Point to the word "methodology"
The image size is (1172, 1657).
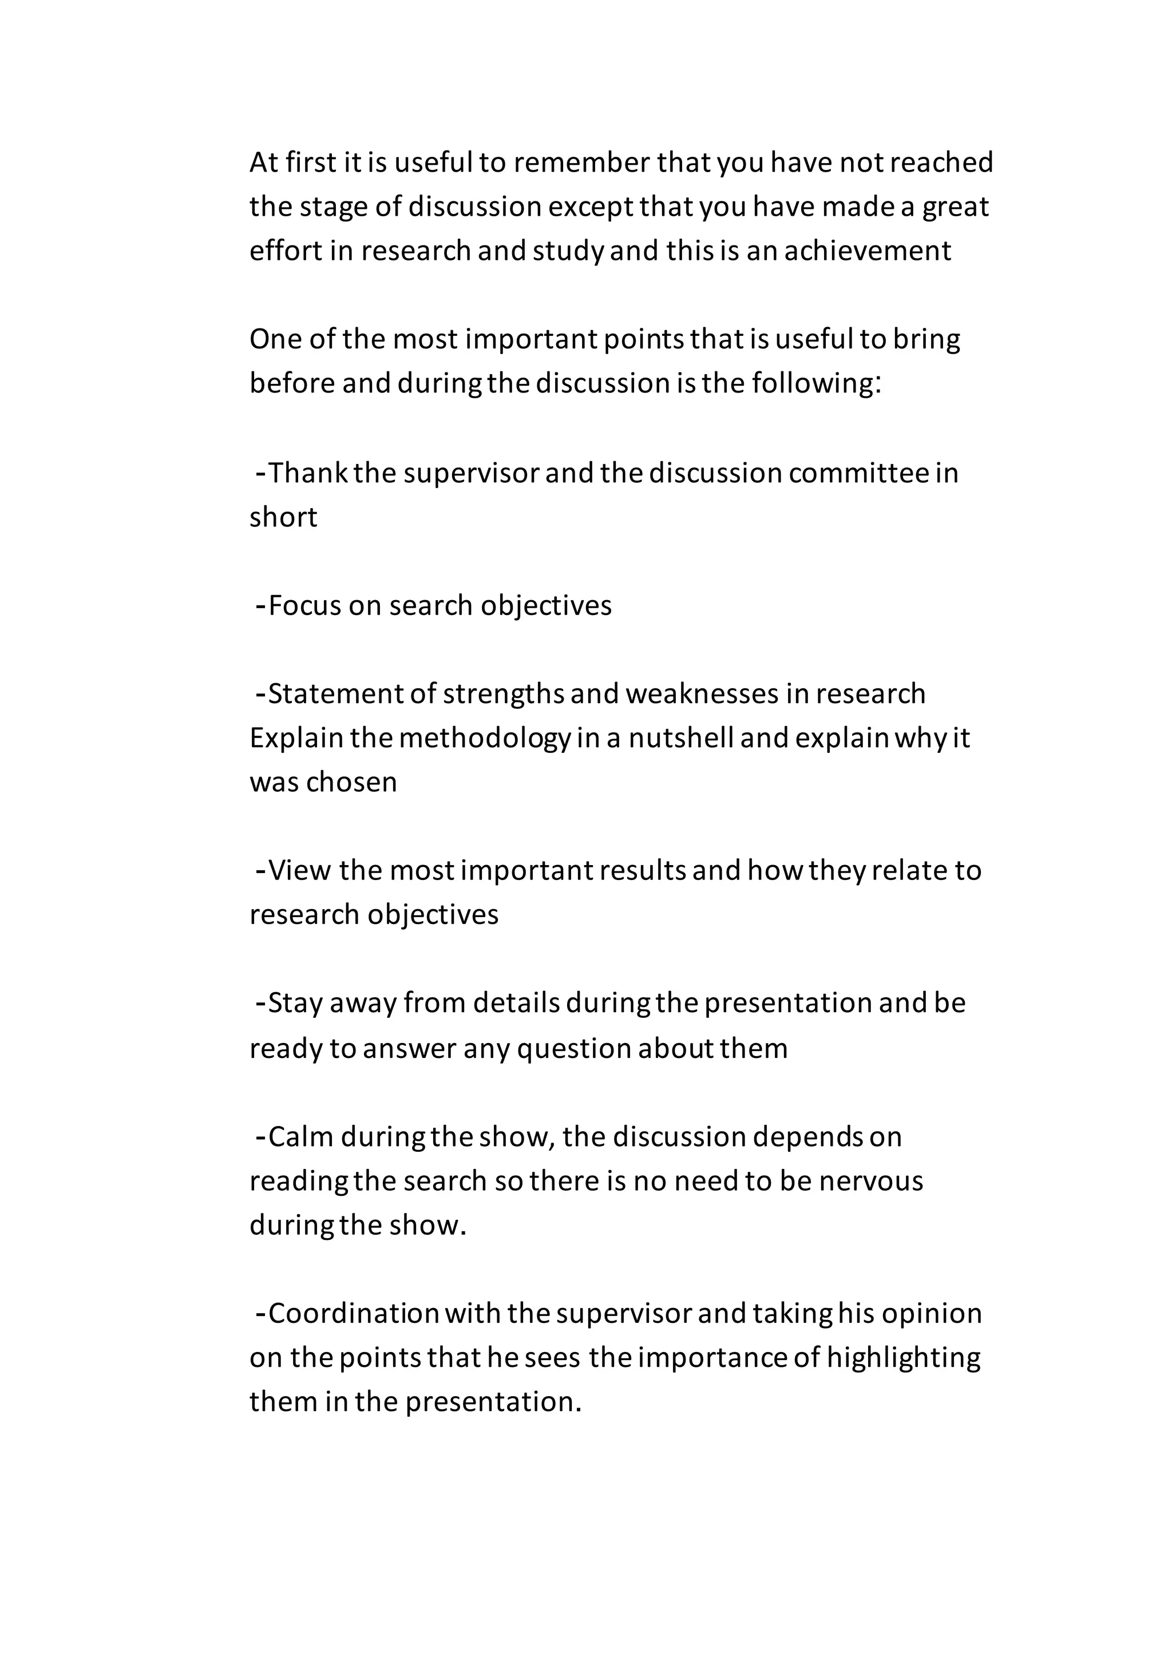(x=485, y=738)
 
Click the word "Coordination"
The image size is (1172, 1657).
(x=354, y=1314)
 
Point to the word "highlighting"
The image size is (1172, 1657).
(x=904, y=1358)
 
